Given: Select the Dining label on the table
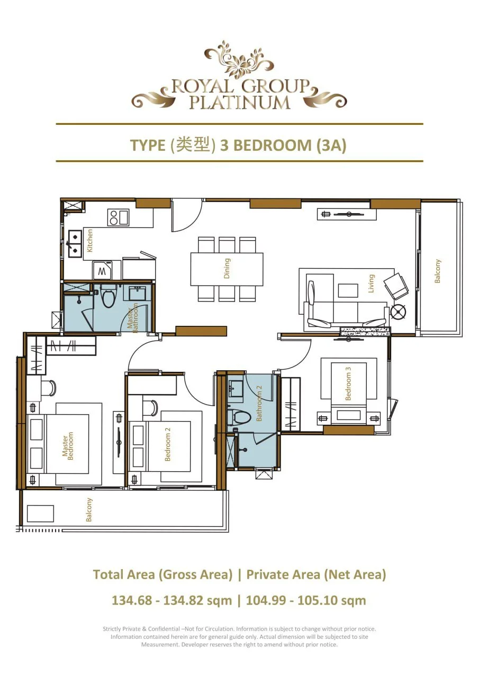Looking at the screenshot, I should [x=227, y=268].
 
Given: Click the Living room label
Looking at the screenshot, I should [x=371, y=283].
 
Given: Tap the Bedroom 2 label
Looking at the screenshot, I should [x=168, y=447].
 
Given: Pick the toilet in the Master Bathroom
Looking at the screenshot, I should [x=109, y=298].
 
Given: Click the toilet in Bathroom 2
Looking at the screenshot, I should [x=239, y=417].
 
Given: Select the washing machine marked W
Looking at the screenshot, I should [x=102, y=271].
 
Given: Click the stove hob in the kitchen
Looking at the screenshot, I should [x=118, y=217].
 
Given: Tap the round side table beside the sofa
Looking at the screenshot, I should [x=398, y=312].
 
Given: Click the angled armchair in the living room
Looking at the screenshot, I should [x=396, y=286].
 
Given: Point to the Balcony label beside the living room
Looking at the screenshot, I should [x=438, y=271].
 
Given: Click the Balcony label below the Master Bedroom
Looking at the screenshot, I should [x=89, y=510].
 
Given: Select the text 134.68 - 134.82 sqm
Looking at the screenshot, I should [x=171, y=600].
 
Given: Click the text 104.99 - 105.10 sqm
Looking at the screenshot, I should [x=306, y=600].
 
